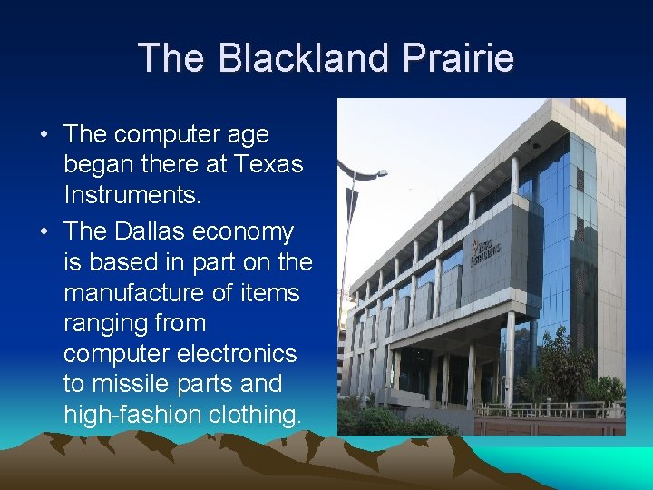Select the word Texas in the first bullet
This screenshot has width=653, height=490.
268,165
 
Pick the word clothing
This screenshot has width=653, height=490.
256,415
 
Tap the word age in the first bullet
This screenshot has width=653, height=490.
249,135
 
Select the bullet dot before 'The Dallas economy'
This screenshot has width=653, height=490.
44,233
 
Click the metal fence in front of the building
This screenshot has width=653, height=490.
544,409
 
